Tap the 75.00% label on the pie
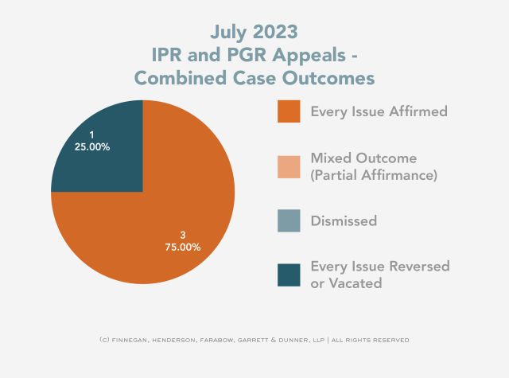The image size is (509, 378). [x=183, y=247]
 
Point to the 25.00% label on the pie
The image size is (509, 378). [x=91, y=147]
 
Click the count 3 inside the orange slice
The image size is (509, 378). [x=183, y=235]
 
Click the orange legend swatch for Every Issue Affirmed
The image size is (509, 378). [x=289, y=111]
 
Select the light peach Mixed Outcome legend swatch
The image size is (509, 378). [x=289, y=166]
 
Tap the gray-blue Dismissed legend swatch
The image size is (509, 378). [x=289, y=220]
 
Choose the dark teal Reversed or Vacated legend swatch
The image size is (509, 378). [x=289, y=274]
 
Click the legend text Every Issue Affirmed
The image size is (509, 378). [x=379, y=111]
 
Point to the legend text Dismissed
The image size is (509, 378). [x=344, y=220]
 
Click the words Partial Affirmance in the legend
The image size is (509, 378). [x=374, y=174]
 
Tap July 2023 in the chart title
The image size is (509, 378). [x=254, y=32]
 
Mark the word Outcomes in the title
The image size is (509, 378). [x=330, y=79]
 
